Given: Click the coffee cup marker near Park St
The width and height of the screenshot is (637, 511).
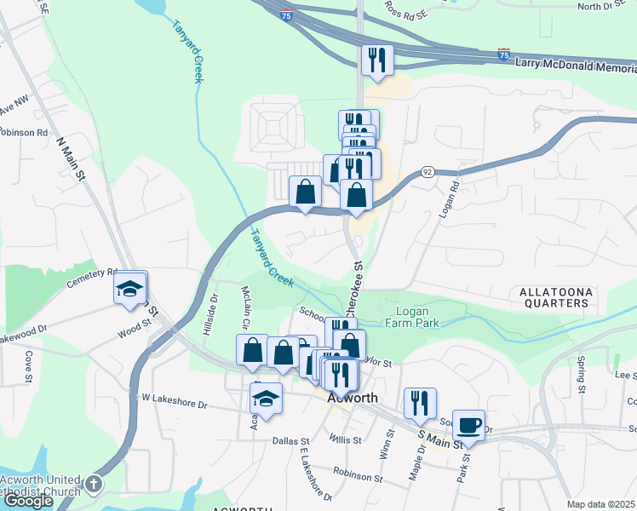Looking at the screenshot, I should point(468,424).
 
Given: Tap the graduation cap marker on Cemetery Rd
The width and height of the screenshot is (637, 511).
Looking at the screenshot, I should point(130,288).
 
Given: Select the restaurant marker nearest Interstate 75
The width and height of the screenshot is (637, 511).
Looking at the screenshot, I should point(376,60).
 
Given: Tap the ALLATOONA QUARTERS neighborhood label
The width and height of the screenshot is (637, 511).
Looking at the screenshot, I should point(554,297).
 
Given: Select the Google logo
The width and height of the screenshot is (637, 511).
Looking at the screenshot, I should point(29,501).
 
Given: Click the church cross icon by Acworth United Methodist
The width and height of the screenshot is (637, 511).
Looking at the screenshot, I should point(94,484).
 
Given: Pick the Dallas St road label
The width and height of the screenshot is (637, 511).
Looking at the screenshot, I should point(291,441).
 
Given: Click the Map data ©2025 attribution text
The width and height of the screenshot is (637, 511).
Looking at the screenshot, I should point(600,504).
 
